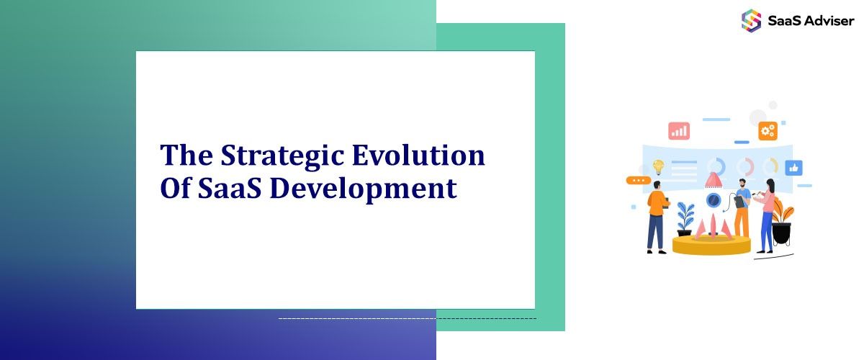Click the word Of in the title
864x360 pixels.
pos(174,189)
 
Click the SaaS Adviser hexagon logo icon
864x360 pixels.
pos(751,20)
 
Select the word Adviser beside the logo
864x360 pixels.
pos(828,21)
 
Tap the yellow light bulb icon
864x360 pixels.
pos(658,166)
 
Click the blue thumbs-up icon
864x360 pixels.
pos(794,168)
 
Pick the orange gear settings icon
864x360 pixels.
pos(768,130)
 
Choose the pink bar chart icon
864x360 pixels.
pos(679,130)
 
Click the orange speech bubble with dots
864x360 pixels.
pos(638,180)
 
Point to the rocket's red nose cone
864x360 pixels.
pos(713,179)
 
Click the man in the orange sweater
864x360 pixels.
pos(657,214)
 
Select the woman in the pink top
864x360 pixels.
pos(768,212)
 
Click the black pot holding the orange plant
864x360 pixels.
pos(781,233)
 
